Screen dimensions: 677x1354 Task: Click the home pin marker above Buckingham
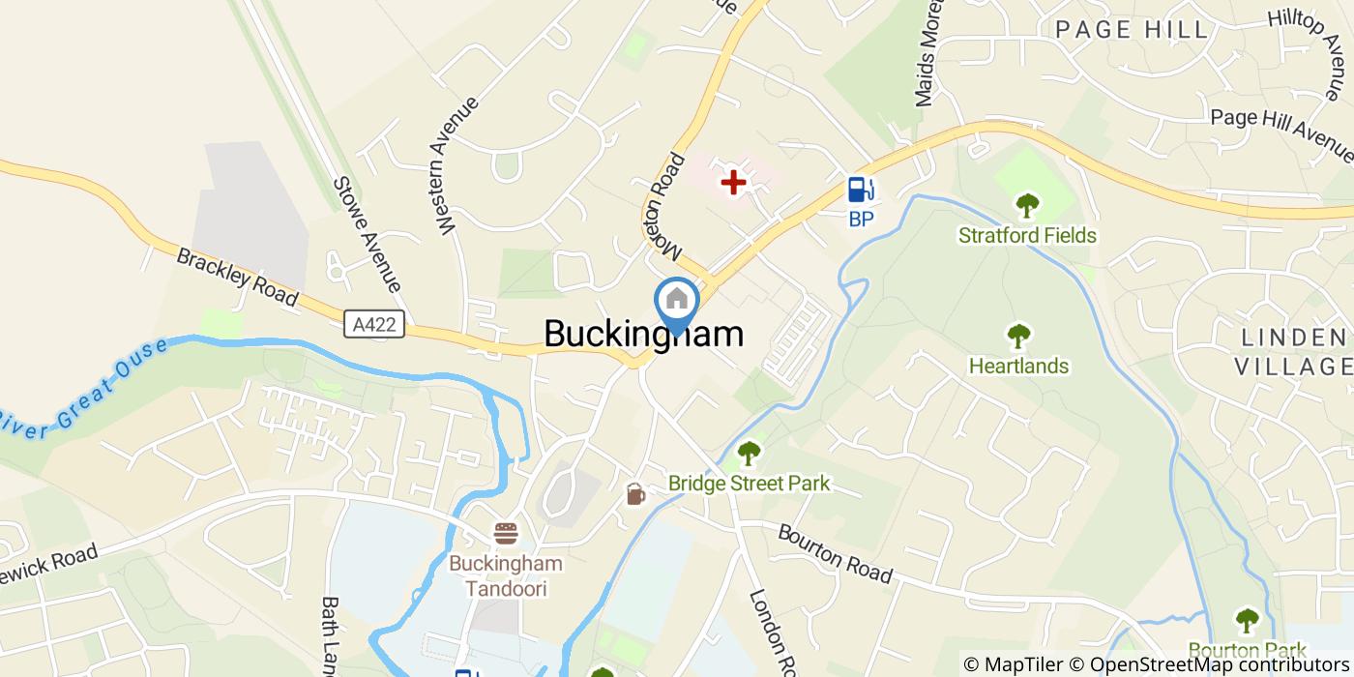click(676, 301)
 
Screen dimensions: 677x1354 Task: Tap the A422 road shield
click(374, 324)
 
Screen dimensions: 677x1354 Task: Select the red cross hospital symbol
click(733, 181)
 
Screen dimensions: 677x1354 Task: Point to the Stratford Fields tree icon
click(1027, 206)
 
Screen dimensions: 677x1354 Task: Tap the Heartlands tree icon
click(1018, 337)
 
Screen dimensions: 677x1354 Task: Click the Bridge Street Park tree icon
click(749, 453)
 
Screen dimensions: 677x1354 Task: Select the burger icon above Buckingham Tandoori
click(506, 533)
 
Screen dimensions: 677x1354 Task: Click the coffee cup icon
click(634, 494)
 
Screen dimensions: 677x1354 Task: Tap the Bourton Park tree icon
click(1247, 620)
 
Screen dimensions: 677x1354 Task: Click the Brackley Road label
click(237, 278)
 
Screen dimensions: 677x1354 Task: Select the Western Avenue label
click(458, 165)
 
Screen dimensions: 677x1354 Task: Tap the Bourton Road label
click(835, 553)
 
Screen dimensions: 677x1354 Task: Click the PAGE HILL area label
click(1132, 30)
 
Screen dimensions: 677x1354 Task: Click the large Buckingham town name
click(644, 334)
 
